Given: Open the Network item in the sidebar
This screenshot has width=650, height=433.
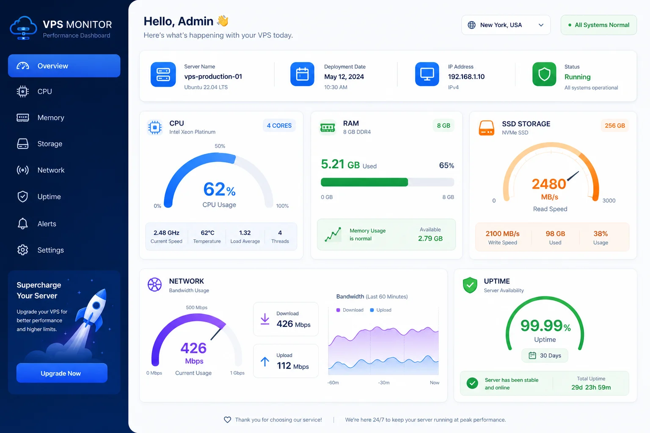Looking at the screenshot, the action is (51, 170).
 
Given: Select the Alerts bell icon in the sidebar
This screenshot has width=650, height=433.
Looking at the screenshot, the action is (22, 224).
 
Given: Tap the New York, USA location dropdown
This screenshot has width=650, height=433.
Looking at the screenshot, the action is (506, 25).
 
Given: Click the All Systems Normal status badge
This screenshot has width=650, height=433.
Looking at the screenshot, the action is (599, 25).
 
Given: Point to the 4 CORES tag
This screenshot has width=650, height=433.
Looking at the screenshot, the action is (279, 126).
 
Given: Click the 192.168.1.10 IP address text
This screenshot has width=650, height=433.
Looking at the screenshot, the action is (466, 77).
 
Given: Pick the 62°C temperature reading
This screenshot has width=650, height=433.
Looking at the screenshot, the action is (207, 233).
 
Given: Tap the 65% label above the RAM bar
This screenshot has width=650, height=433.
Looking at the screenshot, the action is (446, 165).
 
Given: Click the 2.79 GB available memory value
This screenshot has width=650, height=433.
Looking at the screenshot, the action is (430, 238).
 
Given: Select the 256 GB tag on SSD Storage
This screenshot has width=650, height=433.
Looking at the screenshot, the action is (615, 126).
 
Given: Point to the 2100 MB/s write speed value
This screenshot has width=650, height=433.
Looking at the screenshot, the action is (503, 233).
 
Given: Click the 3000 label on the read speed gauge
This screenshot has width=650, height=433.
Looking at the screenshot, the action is (609, 200).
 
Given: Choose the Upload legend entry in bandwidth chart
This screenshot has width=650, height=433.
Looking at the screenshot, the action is (380, 310).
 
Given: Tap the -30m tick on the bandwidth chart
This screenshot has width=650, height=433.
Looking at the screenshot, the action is (384, 383).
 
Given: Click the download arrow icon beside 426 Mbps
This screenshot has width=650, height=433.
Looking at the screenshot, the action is (265, 319).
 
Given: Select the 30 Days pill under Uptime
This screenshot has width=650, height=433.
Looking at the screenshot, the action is (545, 355).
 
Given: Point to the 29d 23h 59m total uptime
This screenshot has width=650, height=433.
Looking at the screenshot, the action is (591, 387).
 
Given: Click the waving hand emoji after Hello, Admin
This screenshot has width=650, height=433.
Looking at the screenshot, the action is (223, 21).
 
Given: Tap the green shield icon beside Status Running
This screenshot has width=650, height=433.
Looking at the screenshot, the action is (544, 74).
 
